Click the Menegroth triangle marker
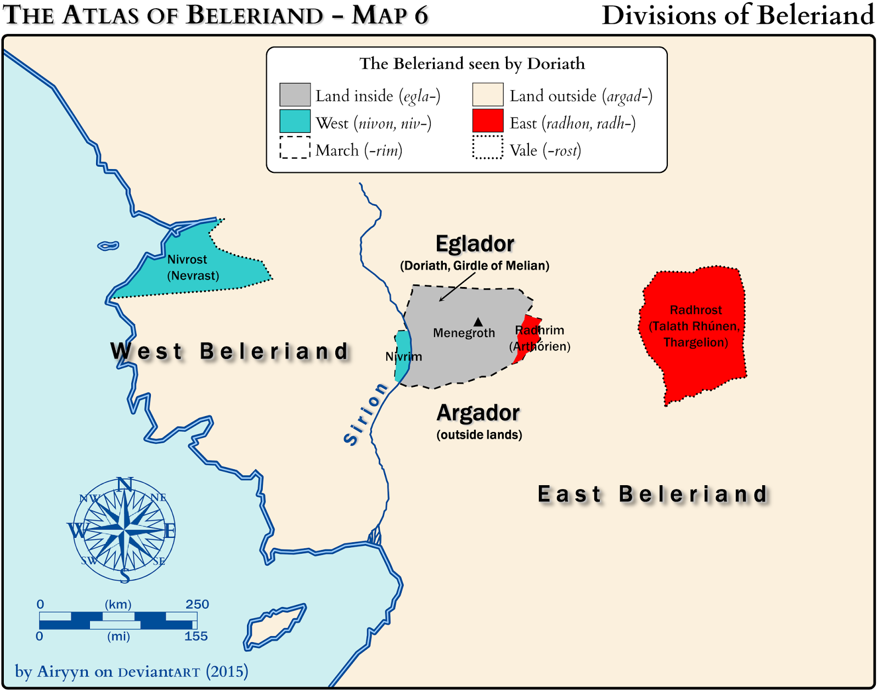[x=478, y=322]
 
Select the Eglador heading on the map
[x=475, y=244]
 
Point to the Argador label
[x=478, y=413]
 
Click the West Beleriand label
[x=230, y=351]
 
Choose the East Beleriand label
[x=652, y=494]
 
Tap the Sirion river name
[x=365, y=414]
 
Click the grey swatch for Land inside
[x=295, y=94]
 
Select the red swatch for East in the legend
[x=487, y=121]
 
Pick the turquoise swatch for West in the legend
[x=295, y=121]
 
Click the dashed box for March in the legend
[x=295, y=148]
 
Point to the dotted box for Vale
[x=487, y=148]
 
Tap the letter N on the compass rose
[x=125, y=484]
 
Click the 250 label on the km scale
[x=197, y=604]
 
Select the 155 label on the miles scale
[x=196, y=636]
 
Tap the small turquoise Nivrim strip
[x=402, y=356]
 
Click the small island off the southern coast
[x=275, y=626]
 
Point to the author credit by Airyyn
[x=131, y=671]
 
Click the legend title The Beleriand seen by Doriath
[x=472, y=64]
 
